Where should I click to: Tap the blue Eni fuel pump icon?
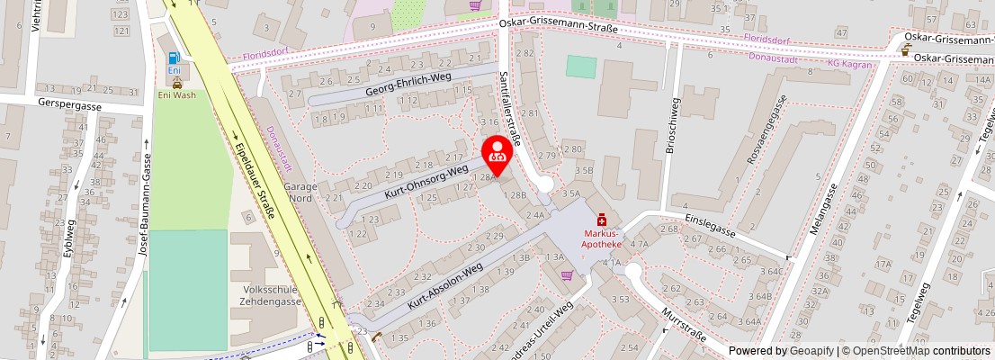[175, 59]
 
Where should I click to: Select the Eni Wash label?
[176, 94]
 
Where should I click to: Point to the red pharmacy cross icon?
[600, 219]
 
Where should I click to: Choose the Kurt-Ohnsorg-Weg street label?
[426, 181]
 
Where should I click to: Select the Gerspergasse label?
[70, 104]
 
